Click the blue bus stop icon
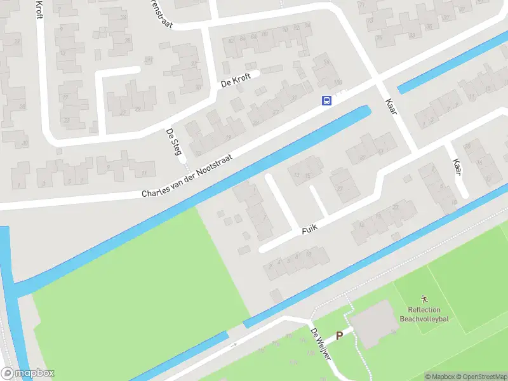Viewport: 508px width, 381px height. point(326,100)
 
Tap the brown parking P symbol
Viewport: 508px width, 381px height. point(339,335)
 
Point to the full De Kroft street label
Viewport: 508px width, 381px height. point(236,81)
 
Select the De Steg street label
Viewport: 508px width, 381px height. point(173,142)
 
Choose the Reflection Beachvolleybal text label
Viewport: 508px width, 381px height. point(424,314)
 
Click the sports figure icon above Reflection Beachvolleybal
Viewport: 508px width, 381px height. point(424,298)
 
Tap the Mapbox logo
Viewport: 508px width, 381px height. point(27,373)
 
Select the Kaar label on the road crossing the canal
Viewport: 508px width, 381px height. point(391,106)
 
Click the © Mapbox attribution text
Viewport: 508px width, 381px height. point(438,376)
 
